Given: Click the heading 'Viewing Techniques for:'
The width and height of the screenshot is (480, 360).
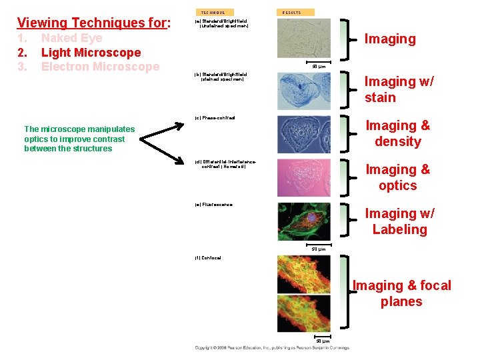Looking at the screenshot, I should click(94, 23).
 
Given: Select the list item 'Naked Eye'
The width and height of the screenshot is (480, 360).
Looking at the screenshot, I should click(72, 38).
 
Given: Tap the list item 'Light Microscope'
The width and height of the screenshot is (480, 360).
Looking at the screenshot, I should click(91, 52).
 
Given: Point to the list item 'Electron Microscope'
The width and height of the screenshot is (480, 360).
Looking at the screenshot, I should click(100, 67).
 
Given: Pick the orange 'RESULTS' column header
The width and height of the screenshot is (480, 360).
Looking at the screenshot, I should click(291, 12).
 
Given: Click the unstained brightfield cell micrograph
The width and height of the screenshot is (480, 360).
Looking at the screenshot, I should click(303, 40).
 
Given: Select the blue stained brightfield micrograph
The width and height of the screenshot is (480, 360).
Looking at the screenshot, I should click(303, 91).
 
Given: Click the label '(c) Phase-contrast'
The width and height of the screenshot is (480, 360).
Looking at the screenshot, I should click(215, 118).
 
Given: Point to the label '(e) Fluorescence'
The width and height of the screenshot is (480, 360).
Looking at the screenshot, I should click(213, 205).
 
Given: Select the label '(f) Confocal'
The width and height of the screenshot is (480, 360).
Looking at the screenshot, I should click(208, 257).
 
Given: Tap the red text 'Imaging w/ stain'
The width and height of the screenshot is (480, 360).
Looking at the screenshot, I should click(399, 89).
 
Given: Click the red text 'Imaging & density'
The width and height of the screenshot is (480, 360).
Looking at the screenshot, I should click(398, 133).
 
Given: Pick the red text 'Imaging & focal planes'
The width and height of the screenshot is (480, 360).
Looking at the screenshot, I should click(401, 293).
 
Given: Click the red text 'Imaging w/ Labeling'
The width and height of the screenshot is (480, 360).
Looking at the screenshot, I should click(399, 221).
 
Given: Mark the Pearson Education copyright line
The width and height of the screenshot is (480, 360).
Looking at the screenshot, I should click(272, 347).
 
